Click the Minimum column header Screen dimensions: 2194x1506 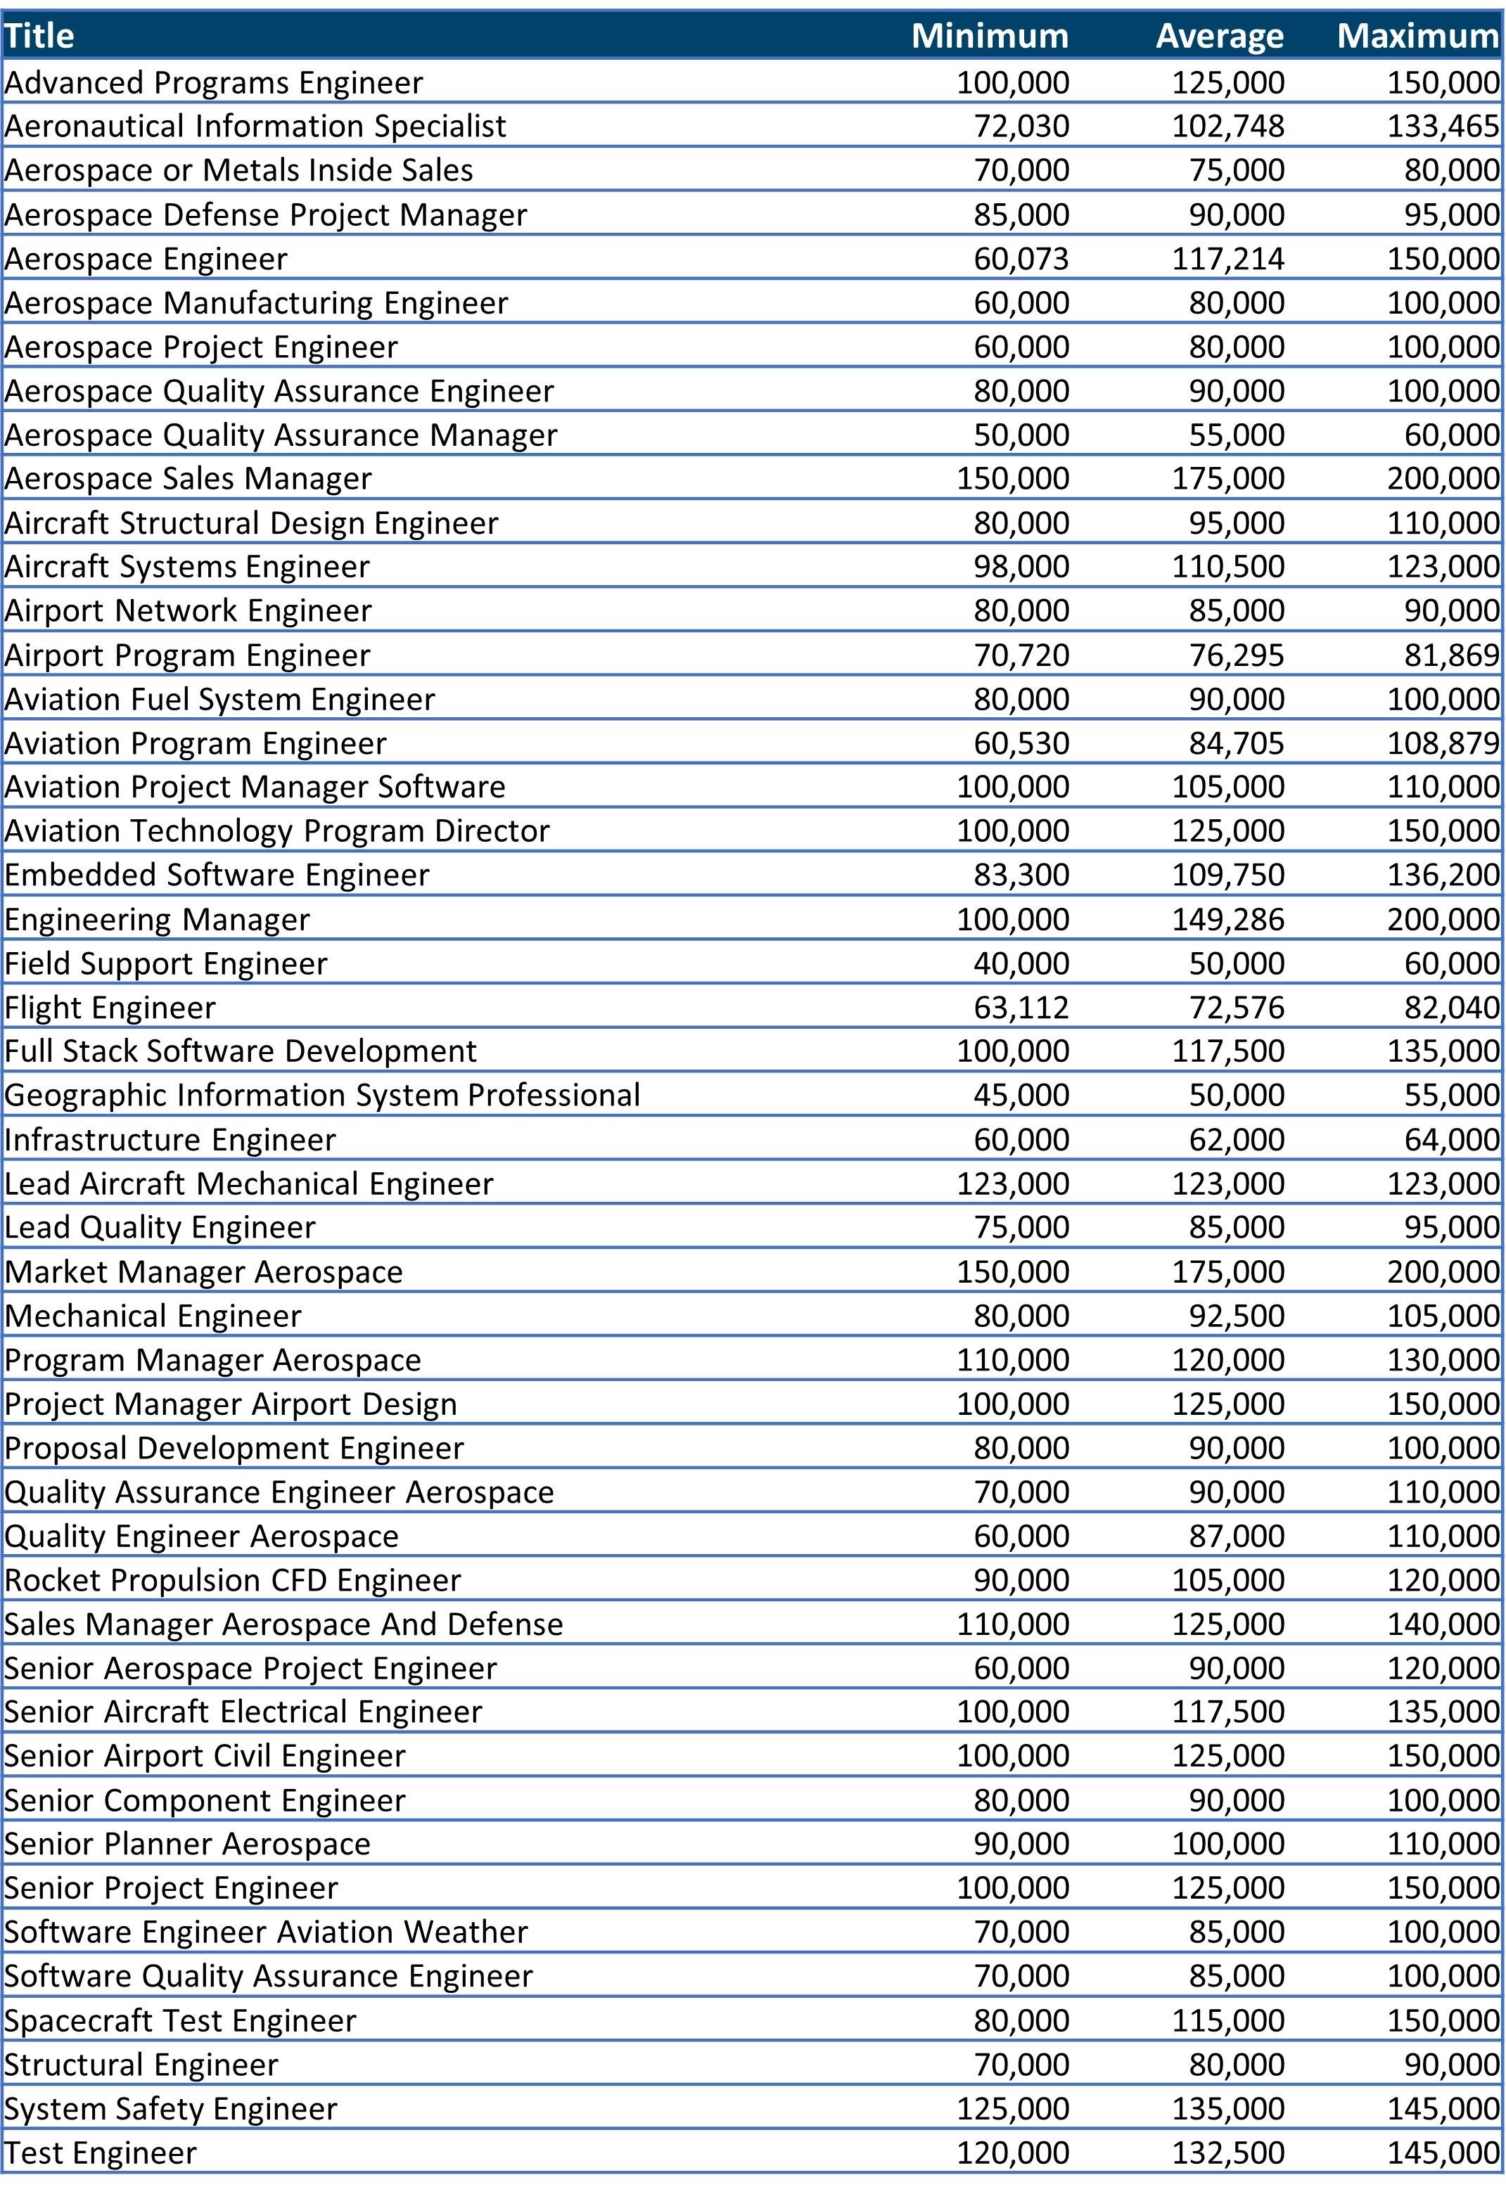point(990,36)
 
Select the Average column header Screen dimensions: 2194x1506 point(1219,36)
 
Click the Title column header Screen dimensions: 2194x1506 point(39,36)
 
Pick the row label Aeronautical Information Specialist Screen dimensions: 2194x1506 point(255,126)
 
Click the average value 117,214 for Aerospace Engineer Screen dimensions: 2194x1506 point(1227,259)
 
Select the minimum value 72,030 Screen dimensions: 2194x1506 point(1021,126)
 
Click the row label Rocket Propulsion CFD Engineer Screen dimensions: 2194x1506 point(232,1580)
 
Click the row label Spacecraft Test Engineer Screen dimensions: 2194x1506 point(180,2021)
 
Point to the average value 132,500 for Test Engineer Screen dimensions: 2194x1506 point(1227,2153)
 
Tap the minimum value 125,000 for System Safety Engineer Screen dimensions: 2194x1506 point(1012,2109)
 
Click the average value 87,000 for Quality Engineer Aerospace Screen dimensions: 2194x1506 point(1236,1536)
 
